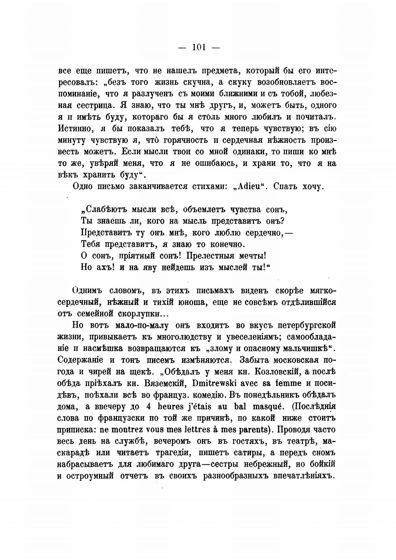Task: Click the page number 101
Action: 199,48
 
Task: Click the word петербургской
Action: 307,326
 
